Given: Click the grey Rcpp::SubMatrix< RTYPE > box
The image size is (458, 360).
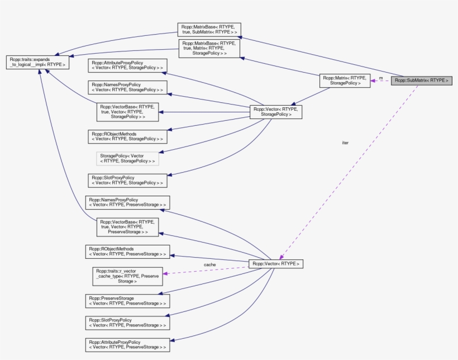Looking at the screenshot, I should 422,80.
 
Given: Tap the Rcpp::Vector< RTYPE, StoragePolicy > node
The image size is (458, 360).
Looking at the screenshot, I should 276,112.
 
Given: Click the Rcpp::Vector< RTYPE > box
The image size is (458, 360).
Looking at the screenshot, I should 276,263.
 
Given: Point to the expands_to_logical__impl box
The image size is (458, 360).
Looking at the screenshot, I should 37,62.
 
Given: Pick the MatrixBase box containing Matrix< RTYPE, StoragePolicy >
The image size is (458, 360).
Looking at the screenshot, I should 209,48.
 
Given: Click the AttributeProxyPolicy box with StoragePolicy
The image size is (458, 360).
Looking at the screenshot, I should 127,65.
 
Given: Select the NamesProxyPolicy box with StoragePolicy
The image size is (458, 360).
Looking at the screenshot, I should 127,87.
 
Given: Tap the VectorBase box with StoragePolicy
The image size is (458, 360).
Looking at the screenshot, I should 127,112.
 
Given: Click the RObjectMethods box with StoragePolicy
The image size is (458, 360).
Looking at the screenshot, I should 127,136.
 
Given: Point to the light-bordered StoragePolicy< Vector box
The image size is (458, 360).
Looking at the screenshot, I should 127,158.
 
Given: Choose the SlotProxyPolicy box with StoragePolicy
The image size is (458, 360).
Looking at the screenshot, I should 127,180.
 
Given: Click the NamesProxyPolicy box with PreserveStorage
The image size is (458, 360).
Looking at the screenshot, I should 127,202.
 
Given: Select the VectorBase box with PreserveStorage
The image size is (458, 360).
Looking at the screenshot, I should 127,226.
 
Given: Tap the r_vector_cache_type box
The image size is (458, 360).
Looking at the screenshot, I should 127,276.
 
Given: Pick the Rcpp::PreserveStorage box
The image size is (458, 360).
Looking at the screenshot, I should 127,301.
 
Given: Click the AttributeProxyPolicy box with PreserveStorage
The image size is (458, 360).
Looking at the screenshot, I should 127,344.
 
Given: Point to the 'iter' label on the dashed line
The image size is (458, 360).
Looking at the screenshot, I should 345,143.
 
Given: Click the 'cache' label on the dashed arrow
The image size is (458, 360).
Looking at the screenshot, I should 209,264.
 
